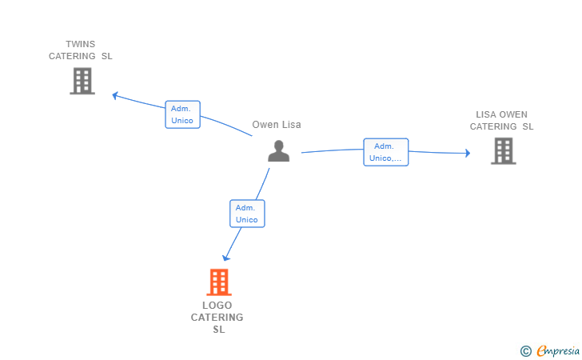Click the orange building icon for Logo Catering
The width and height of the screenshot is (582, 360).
click(x=218, y=282)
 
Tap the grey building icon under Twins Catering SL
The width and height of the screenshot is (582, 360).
click(x=82, y=81)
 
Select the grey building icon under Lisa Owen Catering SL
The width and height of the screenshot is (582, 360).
click(x=503, y=150)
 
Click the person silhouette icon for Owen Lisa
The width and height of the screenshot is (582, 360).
click(x=278, y=150)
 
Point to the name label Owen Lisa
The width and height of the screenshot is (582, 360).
click(x=277, y=125)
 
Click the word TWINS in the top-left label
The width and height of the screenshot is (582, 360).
click(x=80, y=44)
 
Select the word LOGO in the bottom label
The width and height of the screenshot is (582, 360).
click(x=217, y=306)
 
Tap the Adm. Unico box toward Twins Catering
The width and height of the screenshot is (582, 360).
click(x=182, y=114)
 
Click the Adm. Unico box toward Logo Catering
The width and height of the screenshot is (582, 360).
click(x=247, y=214)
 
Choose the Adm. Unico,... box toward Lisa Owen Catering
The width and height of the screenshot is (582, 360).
click(x=386, y=152)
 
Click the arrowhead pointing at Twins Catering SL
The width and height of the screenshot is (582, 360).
click(x=115, y=95)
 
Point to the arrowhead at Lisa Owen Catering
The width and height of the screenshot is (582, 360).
click(x=468, y=153)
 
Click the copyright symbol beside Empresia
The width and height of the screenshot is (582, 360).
click(x=525, y=350)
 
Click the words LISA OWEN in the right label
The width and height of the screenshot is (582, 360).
click(x=501, y=114)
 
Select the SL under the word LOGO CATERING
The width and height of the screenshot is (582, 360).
click(x=218, y=330)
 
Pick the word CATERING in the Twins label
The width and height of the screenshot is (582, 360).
click(x=73, y=56)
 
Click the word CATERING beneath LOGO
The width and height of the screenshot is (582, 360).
click(x=217, y=318)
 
